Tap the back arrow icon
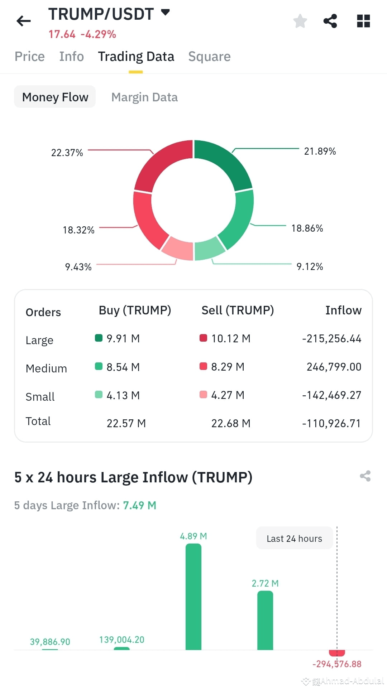[x=24, y=21]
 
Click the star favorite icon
[x=300, y=21]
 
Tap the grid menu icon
[x=363, y=21]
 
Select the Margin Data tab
[x=144, y=97]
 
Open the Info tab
[x=71, y=57]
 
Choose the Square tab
[x=209, y=57]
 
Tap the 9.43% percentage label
[x=78, y=267]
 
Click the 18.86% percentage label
[x=307, y=228]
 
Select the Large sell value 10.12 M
[x=230, y=338]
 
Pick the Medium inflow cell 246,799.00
[x=334, y=367]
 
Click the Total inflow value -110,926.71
[x=331, y=423]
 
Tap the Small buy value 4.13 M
[x=123, y=395]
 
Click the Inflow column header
[x=343, y=310]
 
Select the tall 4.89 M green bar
[x=193, y=596]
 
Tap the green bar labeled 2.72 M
[x=265, y=620]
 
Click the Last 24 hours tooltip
[x=294, y=538]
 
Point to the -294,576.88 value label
[x=336, y=664]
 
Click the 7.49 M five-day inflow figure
[x=139, y=505]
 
